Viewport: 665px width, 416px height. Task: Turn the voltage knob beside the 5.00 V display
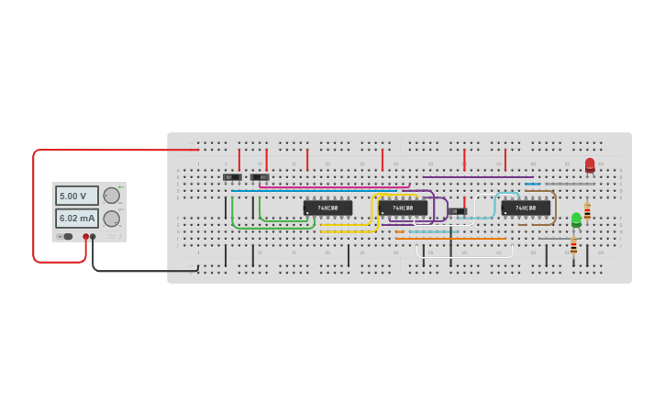[x=112, y=196]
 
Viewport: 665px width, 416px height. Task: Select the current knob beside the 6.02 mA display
[x=112, y=219]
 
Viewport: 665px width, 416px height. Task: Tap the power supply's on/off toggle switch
[x=66, y=237]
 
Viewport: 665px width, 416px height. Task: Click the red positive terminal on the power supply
[x=85, y=237]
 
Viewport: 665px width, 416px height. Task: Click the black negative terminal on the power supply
[x=93, y=237]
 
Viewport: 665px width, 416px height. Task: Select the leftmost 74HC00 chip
[x=327, y=208]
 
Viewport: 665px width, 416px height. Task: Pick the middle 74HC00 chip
[x=403, y=208]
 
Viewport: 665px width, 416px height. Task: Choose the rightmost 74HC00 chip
[x=526, y=208]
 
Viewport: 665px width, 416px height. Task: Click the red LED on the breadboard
[x=590, y=165]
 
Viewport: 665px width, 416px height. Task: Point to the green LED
[x=576, y=219]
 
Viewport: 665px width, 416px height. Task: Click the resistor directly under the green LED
[x=574, y=246]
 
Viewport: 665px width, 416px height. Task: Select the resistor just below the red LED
[x=587, y=210]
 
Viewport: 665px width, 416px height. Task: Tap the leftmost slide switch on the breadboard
[x=232, y=177]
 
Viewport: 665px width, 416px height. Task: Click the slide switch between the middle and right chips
[x=458, y=211]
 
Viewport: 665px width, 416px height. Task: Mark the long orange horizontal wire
[x=459, y=239]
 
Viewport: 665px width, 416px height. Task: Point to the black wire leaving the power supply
[x=138, y=271]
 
